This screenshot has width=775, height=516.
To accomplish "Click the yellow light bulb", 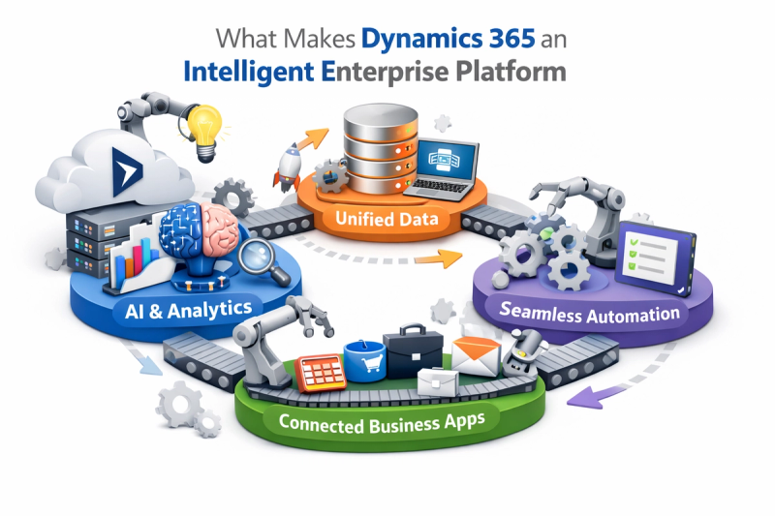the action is [205, 132].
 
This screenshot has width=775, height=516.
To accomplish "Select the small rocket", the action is [288, 167].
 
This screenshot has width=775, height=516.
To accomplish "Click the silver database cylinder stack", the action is [381, 148].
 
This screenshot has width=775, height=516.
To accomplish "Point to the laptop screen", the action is [445, 160].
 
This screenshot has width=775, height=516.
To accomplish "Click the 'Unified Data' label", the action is [387, 218].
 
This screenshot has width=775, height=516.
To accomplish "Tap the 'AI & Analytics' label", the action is [188, 310].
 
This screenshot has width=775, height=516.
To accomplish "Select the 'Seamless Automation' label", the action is [589, 313].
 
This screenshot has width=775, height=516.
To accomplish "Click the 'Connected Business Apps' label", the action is [381, 423].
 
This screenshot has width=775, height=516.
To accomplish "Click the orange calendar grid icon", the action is [321, 373].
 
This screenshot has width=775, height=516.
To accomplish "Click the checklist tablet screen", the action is [650, 256].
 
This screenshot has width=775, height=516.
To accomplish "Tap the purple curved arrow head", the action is [583, 398].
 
